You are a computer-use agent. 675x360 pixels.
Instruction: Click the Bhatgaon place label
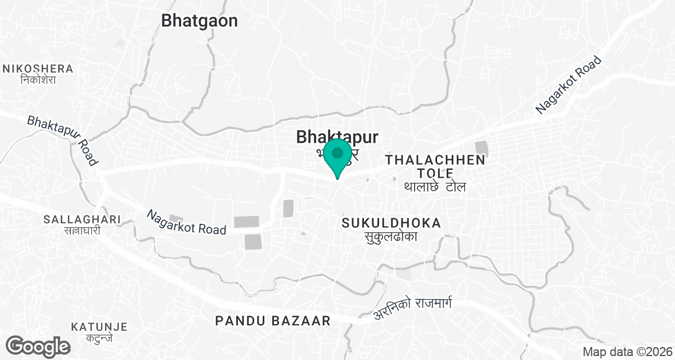(x=199, y=21)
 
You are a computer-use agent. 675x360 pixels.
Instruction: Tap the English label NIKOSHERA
(x=38, y=69)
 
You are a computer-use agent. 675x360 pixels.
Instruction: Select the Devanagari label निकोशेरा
(x=38, y=80)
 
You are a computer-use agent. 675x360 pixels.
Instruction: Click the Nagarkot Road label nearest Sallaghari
(x=186, y=222)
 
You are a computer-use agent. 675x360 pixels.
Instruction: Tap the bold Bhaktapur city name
(x=336, y=137)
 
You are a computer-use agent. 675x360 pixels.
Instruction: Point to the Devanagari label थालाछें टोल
(x=435, y=187)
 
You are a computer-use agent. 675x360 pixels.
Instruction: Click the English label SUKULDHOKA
(x=391, y=223)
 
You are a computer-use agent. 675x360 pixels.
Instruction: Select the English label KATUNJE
(x=99, y=327)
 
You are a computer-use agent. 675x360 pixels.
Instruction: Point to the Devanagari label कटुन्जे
(x=99, y=338)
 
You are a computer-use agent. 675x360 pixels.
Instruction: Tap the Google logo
(x=39, y=345)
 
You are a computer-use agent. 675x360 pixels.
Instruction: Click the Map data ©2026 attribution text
(x=627, y=352)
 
